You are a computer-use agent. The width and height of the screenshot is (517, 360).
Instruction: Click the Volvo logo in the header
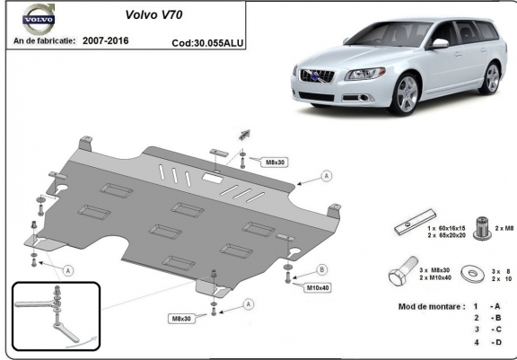coord(39,19)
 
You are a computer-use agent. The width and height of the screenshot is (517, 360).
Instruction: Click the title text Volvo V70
coord(153,14)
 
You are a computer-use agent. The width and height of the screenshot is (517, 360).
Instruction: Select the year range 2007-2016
coord(106,40)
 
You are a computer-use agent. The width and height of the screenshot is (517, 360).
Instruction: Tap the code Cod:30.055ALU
coord(207,43)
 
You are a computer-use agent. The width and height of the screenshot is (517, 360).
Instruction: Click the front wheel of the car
coord(406,94)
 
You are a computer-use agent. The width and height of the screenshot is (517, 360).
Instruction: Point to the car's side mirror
coord(439,44)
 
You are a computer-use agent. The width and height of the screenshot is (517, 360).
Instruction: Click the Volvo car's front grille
coord(317,76)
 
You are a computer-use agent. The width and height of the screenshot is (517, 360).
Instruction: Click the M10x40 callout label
coord(318,288)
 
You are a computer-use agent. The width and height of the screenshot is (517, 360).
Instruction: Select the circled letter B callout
coord(322,269)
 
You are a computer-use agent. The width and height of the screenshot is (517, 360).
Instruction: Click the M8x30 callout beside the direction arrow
coord(275,162)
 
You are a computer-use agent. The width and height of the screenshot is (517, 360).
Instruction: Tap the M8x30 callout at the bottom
coord(181,319)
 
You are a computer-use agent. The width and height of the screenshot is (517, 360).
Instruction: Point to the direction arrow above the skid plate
coord(244,135)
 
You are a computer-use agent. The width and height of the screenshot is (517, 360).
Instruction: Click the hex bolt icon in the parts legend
coord(403,271)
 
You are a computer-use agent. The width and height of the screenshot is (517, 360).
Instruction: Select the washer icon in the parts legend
coord(472,273)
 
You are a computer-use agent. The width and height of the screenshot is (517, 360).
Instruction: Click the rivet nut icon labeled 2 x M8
coord(482,228)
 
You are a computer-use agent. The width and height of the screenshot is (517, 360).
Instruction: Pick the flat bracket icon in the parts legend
coord(416,223)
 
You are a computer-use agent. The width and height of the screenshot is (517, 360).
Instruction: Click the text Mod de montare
coord(432,307)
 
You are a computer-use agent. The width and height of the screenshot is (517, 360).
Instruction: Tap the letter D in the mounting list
coord(498,342)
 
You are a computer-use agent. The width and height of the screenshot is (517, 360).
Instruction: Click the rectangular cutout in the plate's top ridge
coord(213,178)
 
